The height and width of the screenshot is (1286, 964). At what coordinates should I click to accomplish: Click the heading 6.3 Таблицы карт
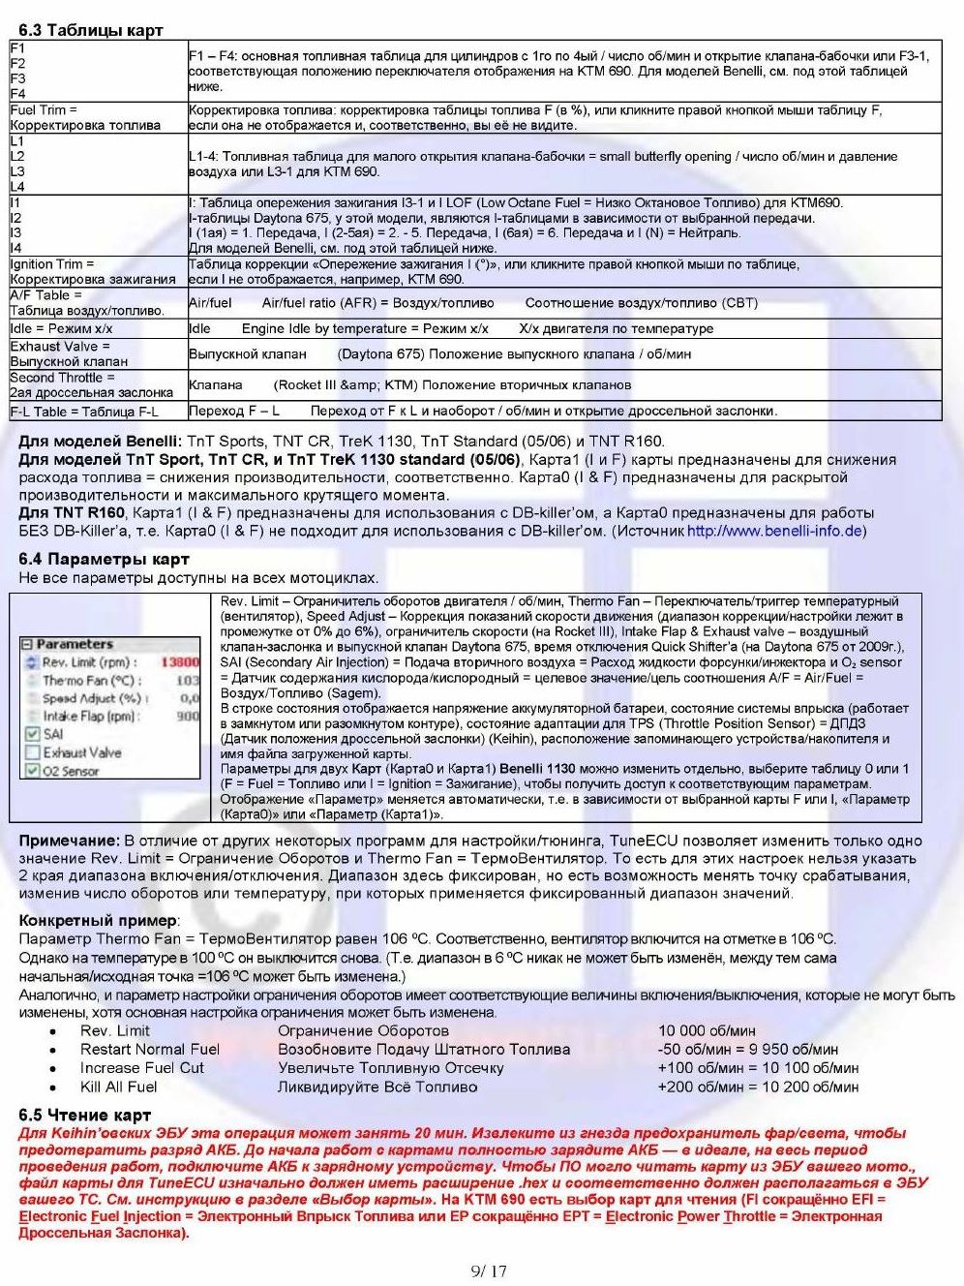click(x=91, y=30)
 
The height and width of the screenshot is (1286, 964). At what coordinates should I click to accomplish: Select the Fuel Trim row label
click(x=85, y=117)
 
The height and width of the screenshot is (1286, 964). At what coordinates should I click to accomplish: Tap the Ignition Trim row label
click(x=93, y=271)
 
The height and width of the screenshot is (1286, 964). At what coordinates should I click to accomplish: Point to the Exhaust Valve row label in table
click(x=69, y=353)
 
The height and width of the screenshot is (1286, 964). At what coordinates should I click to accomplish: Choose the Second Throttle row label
click(x=91, y=384)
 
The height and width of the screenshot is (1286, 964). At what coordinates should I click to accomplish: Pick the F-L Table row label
click(x=84, y=412)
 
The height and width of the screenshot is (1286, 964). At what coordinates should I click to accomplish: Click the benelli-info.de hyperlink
click(x=774, y=531)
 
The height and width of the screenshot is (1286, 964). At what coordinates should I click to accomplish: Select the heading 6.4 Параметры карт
click(x=104, y=559)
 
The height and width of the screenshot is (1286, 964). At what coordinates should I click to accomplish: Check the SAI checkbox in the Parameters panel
click(x=32, y=734)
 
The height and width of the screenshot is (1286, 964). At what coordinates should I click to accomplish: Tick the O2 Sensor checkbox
click(x=32, y=771)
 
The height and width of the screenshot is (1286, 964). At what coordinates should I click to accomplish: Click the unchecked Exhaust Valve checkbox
click(x=32, y=752)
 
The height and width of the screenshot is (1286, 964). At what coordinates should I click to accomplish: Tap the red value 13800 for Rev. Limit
click(x=179, y=662)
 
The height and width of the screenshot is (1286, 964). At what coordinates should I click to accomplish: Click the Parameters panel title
click(x=75, y=644)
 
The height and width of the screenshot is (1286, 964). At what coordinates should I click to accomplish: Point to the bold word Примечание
click(x=69, y=841)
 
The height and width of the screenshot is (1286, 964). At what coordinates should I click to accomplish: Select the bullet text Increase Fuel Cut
click(x=142, y=1068)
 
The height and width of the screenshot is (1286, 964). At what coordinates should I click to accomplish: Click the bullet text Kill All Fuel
click(x=118, y=1087)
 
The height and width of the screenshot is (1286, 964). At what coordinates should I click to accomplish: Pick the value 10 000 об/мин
click(x=707, y=1031)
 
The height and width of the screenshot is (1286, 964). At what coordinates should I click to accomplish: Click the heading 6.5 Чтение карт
click(x=84, y=1115)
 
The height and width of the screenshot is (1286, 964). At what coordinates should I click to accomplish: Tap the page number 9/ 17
click(x=489, y=1271)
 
